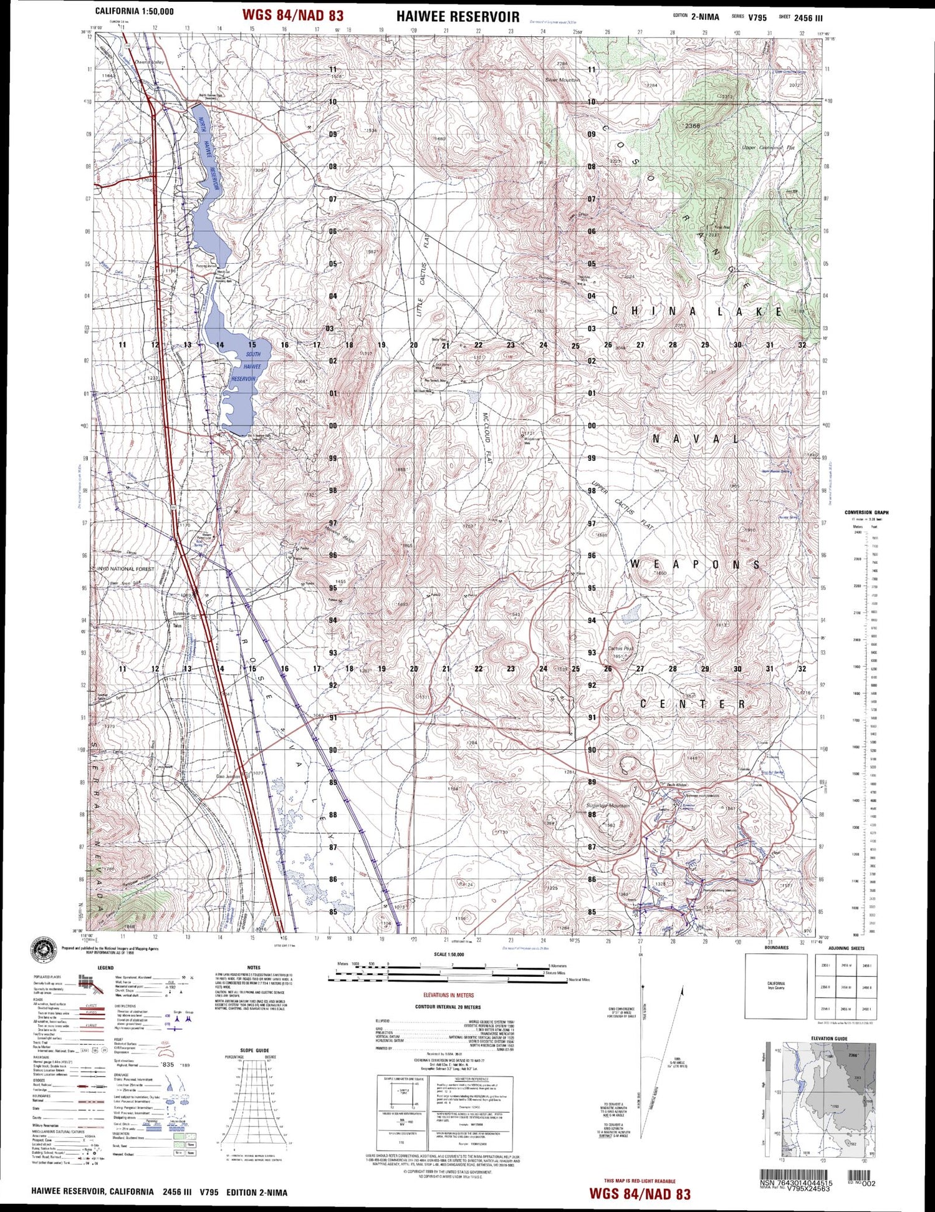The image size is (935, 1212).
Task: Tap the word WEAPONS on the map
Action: click(695, 565)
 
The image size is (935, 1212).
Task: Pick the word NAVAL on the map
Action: click(695, 439)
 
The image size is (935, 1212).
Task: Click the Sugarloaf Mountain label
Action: click(608, 805)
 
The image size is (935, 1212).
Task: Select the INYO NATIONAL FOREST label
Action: click(125, 569)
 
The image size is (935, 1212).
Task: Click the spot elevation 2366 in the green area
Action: click(692, 126)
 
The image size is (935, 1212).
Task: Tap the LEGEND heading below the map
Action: click(105, 967)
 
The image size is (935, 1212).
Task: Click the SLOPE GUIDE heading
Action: click(255, 1050)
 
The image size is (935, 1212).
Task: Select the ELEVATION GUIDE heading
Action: click(828, 1039)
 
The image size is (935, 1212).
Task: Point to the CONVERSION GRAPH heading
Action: click(866, 512)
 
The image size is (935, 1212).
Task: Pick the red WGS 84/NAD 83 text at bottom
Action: click(640, 1193)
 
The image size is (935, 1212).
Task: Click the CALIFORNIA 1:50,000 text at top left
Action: click(134, 11)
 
